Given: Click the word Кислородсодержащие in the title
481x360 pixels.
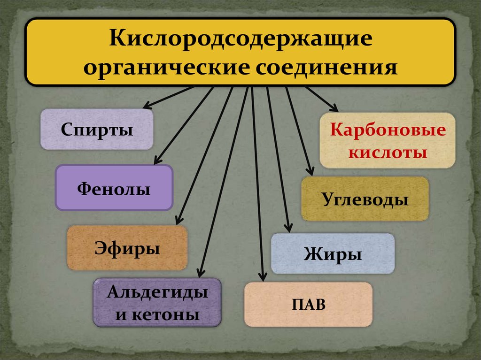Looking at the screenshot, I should pos(241,39).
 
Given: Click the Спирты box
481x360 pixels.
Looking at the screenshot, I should pos(97,130).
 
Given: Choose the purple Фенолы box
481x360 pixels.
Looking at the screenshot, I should pos(114,188).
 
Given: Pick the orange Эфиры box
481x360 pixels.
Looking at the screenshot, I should pos(127,247).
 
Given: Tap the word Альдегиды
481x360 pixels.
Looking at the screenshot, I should pos(157,293).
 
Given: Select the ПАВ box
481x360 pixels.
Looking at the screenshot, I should pos(309,304).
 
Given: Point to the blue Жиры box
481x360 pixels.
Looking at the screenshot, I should pos(333,253).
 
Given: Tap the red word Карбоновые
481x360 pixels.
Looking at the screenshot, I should pos(388,130).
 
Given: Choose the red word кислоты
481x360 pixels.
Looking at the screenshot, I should pos(388,153).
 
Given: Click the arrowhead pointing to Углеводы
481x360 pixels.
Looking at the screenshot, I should pos(310,171).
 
